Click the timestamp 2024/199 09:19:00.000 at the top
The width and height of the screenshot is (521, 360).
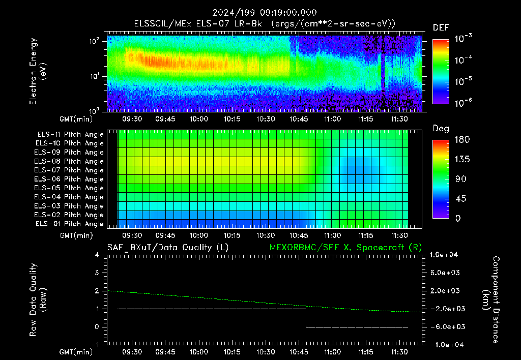pos(265,13)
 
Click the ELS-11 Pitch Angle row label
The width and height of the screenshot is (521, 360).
pos(70,135)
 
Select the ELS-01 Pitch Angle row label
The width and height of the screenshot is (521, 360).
pos(70,224)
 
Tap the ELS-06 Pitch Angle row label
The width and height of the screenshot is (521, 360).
pos(69,179)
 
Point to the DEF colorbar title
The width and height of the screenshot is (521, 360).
pos(441,27)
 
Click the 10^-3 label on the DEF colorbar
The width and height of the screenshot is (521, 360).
pos(464,38)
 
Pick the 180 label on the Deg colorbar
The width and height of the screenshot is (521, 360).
pos(462,139)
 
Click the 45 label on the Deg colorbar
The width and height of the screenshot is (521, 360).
pos(460,199)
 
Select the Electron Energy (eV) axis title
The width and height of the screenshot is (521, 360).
pos(37,71)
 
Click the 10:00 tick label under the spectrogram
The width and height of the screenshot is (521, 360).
pos(199,119)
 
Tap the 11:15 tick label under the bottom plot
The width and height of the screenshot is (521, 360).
pos(365,352)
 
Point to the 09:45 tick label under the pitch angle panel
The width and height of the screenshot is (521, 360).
pos(165,235)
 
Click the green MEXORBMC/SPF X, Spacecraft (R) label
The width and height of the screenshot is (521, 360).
pos(345,248)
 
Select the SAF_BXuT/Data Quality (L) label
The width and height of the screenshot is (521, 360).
pos(168,248)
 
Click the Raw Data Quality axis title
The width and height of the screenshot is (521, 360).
pos(37,300)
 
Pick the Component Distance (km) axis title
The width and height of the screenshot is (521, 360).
pos(491,300)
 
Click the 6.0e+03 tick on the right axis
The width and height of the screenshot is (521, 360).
pos(445,273)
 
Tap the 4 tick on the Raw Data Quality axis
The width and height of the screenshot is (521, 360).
pos(97,255)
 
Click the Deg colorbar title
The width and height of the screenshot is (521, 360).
pos(441,129)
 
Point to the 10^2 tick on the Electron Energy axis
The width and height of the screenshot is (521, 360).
pos(94,41)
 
